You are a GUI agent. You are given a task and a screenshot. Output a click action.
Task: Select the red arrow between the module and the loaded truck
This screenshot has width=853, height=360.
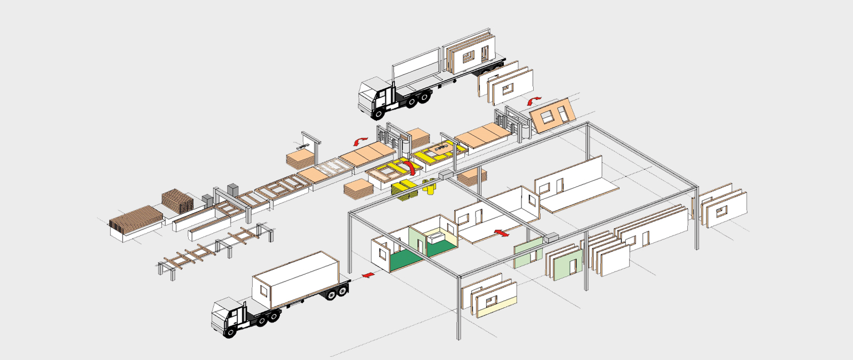(366, 275)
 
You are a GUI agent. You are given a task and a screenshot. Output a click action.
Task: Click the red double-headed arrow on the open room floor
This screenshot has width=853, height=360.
(501, 233)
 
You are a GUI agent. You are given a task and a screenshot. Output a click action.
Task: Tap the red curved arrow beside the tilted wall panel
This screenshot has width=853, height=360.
(534, 100)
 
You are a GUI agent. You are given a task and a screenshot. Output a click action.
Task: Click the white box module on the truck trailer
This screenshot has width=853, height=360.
(296, 280)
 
